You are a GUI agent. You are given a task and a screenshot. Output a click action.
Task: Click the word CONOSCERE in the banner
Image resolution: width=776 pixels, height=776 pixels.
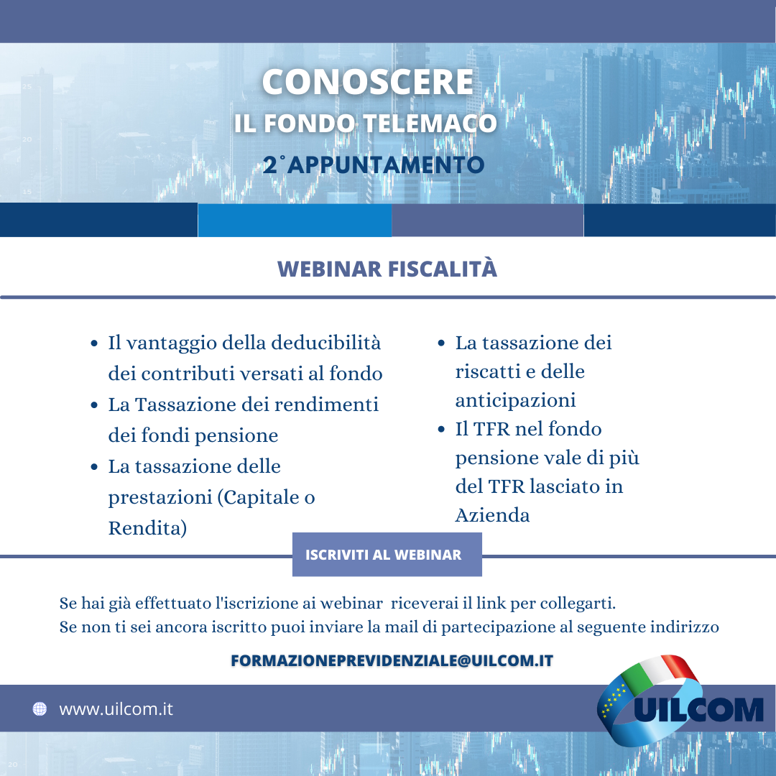coord(367,82)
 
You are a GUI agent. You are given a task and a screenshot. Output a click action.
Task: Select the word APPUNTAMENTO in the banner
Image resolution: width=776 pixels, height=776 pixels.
coord(386,165)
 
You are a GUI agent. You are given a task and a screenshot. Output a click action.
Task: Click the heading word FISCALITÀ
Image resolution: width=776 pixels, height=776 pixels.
coord(443,269)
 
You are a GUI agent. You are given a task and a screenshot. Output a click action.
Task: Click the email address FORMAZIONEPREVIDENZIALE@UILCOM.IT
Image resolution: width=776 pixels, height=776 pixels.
coord(392,661)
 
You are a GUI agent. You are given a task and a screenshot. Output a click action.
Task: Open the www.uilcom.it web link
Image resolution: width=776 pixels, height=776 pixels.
coord(116,709)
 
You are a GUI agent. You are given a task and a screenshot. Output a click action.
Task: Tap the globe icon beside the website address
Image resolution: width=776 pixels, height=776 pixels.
coord(40,709)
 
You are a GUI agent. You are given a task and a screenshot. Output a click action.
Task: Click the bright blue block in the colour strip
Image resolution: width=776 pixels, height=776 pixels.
coord(295,221)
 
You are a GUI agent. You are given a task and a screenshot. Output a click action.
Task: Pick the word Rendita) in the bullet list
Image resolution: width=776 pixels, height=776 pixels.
coord(147,528)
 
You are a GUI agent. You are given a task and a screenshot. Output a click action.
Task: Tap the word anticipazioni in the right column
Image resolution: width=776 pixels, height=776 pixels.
coord(515,400)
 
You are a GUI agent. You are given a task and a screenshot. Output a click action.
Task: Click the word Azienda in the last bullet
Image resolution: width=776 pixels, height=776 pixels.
coord(492,515)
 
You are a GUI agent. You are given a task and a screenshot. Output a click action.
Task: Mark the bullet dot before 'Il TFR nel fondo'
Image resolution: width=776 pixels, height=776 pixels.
coord(441,430)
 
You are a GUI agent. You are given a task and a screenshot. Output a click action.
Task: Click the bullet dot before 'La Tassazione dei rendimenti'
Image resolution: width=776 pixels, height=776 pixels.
coord(95,405)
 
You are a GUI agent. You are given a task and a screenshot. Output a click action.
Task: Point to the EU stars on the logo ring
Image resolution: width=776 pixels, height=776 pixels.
coord(614,698)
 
